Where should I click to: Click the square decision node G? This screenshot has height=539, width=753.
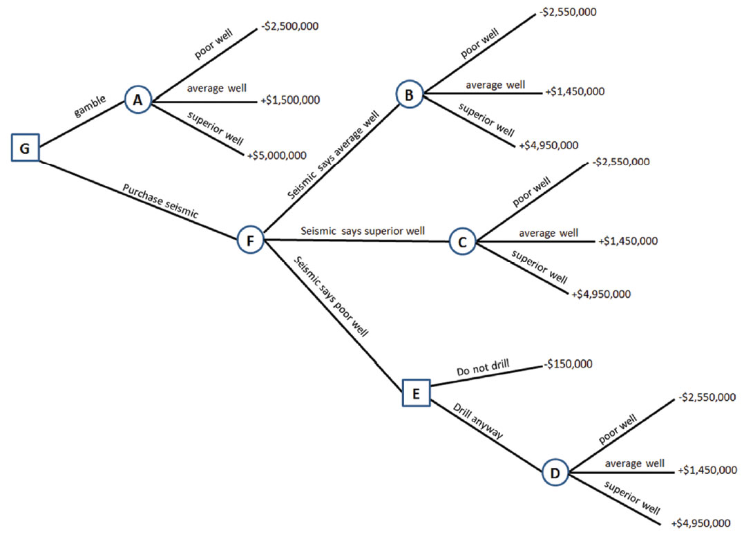point(25,147)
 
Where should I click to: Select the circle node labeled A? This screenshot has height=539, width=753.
point(137,100)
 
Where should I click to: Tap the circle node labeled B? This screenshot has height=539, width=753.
point(409,95)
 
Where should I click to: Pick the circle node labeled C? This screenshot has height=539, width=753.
point(462,242)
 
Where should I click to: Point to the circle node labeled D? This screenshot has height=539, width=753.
point(555,473)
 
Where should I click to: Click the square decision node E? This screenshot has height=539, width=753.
point(416,393)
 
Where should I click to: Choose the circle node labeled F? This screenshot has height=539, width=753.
point(250,240)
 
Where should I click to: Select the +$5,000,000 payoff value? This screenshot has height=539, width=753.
point(276,155)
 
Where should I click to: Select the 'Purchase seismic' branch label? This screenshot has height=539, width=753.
point(160,201)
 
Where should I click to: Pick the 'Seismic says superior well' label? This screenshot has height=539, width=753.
point(362,230)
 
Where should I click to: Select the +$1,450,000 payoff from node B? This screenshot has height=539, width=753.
point(575,92)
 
